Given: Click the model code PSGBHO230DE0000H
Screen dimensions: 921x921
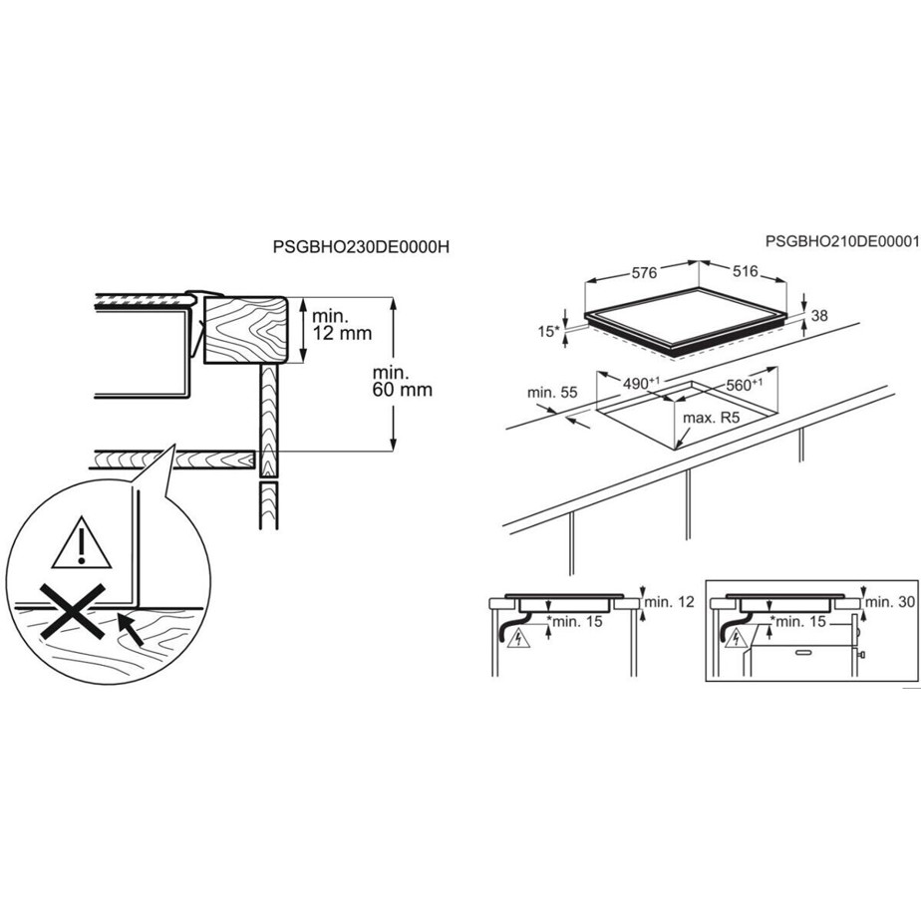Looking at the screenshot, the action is [x=361, y=247].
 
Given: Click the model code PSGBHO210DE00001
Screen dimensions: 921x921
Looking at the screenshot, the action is [x=841, y=241].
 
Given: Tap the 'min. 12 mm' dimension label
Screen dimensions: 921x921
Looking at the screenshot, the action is [x=342, y=325].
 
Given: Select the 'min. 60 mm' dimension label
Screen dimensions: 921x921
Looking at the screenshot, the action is [x=403, y=381].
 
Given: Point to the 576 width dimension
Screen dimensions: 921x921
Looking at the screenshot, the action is [x=644, y=273].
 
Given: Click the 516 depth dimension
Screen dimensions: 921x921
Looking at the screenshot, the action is [x=746, y=271].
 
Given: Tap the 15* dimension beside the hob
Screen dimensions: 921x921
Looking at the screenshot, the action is [x=548, y=331].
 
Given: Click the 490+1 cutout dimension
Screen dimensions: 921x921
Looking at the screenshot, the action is [x=641, y=383].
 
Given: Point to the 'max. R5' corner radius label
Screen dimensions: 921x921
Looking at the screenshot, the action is [x=710, y=419].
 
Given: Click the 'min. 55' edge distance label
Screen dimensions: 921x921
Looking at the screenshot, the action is [x=552, y=393].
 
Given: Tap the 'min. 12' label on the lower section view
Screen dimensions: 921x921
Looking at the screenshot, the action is [x=670, y=601].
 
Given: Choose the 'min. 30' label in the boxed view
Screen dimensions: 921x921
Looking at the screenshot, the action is [x=890, y=601].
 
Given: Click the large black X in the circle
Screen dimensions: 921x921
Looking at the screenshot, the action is [x=72, y=611].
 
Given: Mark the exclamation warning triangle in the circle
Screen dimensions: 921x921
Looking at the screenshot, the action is [x=81, y=543].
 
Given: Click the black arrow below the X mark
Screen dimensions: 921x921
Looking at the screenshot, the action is [x=131, y=629].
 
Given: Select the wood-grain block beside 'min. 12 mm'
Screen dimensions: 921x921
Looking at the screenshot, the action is [x=245, y=330].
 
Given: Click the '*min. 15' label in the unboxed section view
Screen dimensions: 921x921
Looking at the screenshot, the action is [x=574, y=621].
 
